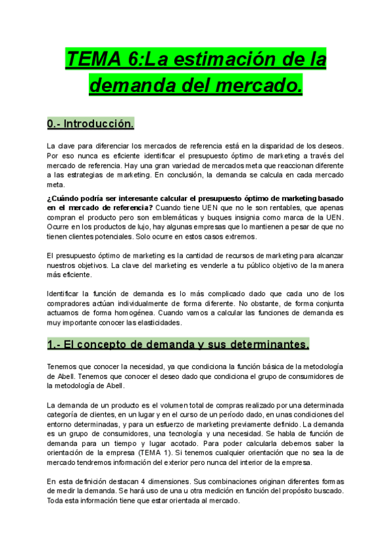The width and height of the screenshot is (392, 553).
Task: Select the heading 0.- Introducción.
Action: (91, 123)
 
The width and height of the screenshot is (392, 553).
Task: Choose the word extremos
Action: (242, 236)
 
